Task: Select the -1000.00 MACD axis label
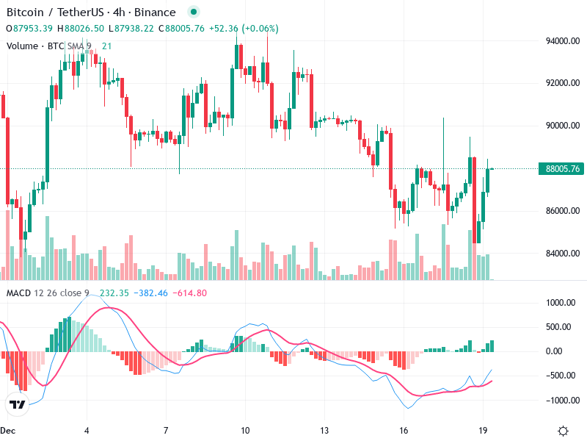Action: point(564,401)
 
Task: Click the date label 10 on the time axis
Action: point(245,430)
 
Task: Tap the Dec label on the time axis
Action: point(8,430)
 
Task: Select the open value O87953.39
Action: point(29,29)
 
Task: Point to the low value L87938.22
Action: point(131,29)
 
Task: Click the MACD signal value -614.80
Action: point(190,293)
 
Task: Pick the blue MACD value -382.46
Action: point(152,293)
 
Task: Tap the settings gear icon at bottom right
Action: point(564,431)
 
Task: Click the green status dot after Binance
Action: point(193,12)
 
